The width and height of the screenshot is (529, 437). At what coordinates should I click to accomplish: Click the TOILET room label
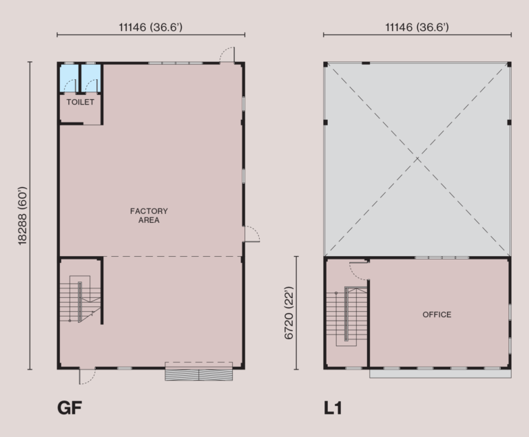coord(81,103)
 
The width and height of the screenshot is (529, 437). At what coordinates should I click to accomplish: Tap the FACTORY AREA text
coord(149,215)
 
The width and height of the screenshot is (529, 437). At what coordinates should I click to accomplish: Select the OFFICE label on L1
coord(437,315)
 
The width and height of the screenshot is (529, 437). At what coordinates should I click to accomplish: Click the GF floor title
coord(70,408)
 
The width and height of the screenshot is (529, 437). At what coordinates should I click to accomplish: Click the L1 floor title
coord(333,408)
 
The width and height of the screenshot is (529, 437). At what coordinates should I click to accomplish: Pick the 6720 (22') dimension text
coord(289,314)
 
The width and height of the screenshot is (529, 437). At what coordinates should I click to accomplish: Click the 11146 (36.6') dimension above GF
coord(150,28)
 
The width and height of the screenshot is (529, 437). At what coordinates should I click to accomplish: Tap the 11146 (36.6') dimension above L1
coord(417,28)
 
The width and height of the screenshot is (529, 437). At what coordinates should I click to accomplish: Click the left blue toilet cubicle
coord(69,78)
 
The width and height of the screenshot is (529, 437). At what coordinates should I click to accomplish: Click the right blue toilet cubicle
coord(91,78)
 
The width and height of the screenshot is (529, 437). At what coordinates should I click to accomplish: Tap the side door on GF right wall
coord(251,234)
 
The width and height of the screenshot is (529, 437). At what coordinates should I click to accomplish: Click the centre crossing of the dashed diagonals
coord(417,160)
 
